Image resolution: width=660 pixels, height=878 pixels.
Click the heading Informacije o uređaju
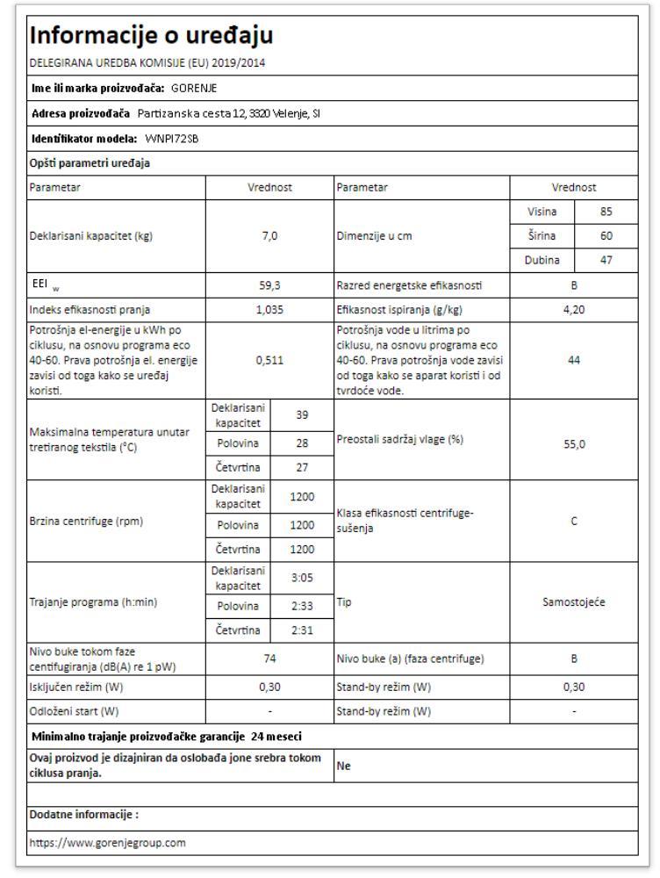click(152, 35)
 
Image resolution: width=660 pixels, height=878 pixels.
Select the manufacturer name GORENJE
click(194, 88)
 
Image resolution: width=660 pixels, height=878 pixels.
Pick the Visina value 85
click(606, 212)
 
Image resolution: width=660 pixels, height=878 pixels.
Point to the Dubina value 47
click(606, 261)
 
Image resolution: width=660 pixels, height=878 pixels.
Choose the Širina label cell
click(542, 236)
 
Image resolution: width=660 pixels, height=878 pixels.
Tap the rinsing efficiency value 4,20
click(573, 310)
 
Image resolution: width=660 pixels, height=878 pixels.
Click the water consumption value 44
click(573, 360)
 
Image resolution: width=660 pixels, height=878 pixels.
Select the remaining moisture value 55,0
click(573, 444)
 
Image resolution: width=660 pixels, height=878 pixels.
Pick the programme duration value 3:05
click(302, 579)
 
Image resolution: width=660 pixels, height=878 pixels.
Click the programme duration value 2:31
click(302, 630)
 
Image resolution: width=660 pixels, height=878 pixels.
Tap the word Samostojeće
click(573, 603)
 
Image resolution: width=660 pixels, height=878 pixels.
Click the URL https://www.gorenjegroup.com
click(107, 843)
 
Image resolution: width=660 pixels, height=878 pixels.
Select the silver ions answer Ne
click(343, 766)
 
